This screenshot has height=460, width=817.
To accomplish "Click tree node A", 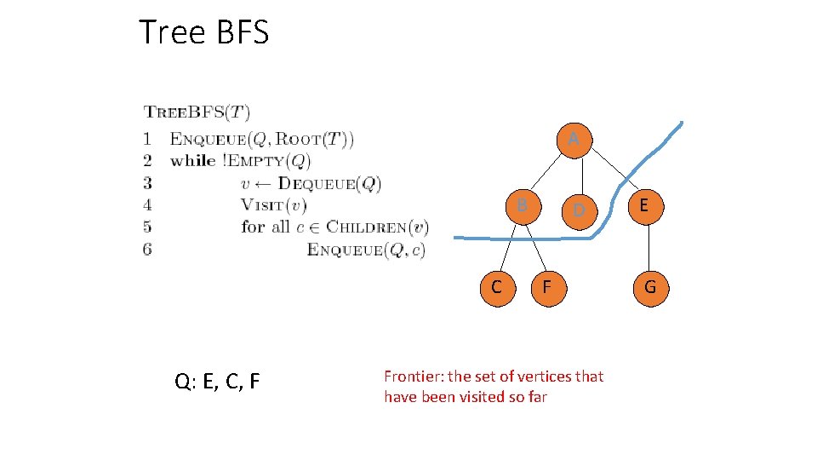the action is coord(574,138).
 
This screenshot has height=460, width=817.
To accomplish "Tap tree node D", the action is coord(578,209).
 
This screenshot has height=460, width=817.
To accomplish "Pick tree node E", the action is coord(644,205).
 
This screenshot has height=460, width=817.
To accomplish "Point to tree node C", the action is coord(496,287).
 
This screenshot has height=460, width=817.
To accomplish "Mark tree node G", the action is coord(649,287).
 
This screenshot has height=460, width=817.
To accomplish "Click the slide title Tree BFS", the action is coord(204,32).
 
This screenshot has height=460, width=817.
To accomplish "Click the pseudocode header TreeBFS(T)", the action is coord(197,112).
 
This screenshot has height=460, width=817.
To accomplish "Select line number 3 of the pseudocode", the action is coord(147,182).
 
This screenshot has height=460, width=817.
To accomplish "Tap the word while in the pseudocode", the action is coord(193,160).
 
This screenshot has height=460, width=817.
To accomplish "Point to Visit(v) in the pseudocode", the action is coord(273,204).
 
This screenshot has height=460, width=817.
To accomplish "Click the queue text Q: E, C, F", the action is coord(217,381).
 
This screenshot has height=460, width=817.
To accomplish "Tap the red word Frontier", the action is coord(412,376).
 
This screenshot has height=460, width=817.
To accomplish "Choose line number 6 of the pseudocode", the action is coord(147,249).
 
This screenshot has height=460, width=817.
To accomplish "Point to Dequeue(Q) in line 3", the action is coord(330,182).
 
